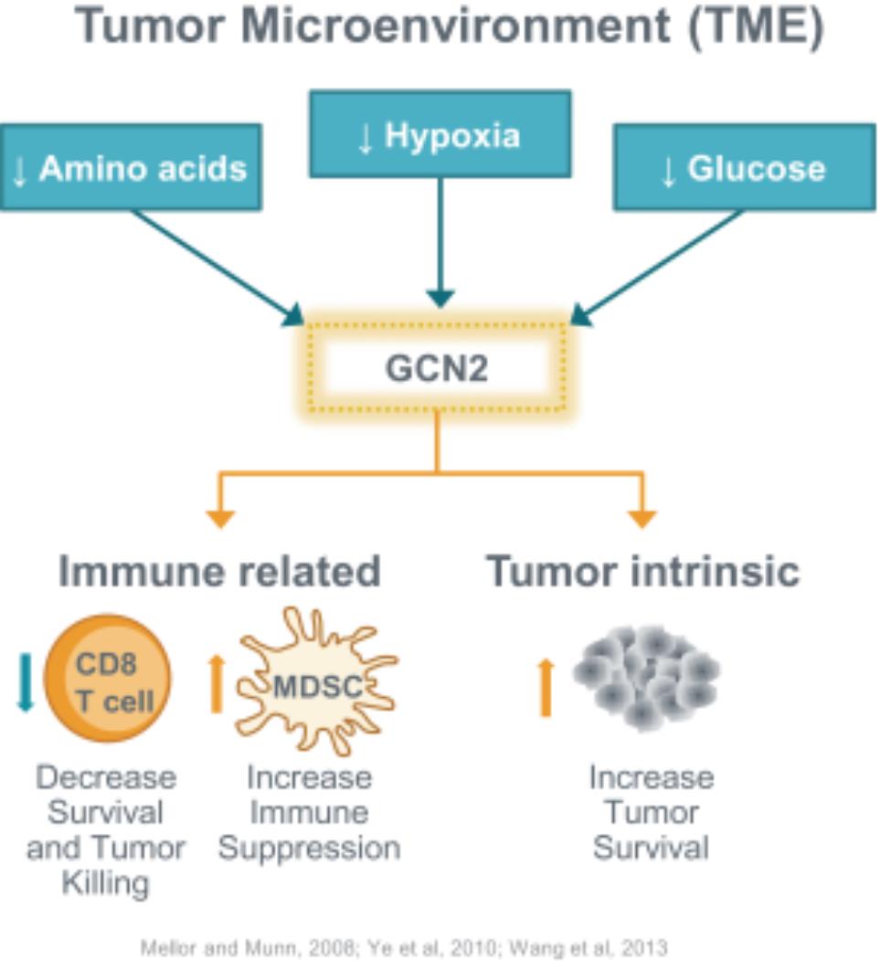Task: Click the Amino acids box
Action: (x=131, y=168)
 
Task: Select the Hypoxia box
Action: (x=440, y=134)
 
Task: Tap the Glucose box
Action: (x=744, y=168)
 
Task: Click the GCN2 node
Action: (x=437, y=368)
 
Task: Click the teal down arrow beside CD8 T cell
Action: (x=25, y=681)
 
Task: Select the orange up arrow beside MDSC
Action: (x=217, y=682)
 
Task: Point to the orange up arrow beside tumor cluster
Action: (x=546, y=687)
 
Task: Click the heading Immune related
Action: (x=219, y=572)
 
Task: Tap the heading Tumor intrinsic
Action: (x=642, y=572)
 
